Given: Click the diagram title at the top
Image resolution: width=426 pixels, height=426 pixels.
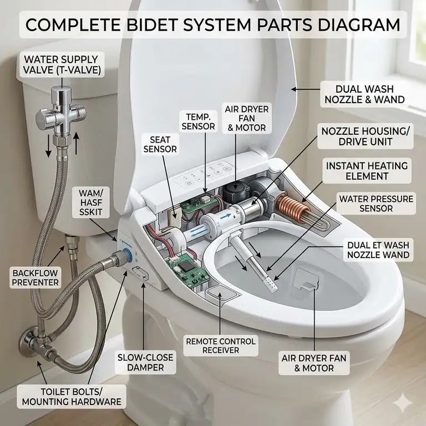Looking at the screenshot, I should pos(213,25).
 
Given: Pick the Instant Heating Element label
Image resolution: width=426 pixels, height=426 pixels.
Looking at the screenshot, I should pos(367,171).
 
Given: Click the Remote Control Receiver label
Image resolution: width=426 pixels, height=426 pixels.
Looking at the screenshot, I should pos(220,344).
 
